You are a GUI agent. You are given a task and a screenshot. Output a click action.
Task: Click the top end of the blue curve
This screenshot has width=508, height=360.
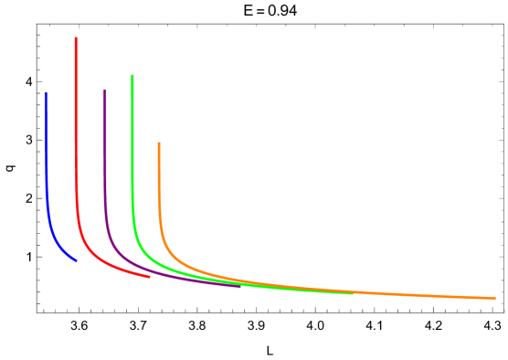click(47, 94)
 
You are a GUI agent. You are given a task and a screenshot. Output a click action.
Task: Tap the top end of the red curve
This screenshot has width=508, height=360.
click(76, 38)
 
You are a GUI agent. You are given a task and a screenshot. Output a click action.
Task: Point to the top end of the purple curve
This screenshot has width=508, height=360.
click(105, 90)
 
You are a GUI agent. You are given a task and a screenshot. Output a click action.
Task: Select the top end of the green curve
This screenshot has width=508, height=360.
click(132, 76)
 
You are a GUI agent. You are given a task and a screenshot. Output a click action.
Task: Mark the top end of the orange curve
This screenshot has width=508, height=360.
click(158, 143)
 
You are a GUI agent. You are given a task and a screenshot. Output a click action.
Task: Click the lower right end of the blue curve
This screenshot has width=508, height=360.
click(77, 260)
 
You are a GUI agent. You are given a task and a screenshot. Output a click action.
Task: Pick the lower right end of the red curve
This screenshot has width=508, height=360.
click(149, 277)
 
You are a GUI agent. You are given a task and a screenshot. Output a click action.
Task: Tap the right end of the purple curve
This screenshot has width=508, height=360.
click(239, 286)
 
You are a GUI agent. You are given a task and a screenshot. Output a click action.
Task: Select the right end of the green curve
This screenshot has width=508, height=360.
click(352, 292)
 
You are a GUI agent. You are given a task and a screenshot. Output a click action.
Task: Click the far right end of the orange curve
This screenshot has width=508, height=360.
click(494, 297)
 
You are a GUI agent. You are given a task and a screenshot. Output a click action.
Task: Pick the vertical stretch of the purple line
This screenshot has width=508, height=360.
click(105, 155)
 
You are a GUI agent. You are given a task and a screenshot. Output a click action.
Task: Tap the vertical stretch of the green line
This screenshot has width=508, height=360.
click(132, 146)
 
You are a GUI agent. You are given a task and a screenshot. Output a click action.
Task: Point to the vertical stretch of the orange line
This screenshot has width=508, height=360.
click(159, 183)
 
